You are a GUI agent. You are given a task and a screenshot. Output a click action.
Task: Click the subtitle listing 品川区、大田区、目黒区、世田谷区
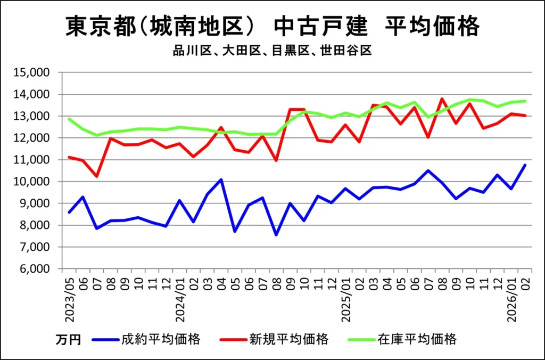(272, 51)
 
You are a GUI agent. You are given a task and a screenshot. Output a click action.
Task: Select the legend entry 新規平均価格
(288, 339)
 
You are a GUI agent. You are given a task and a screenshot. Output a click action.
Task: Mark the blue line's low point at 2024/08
(276, 235)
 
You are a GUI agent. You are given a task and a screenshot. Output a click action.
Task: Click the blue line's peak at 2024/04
(221, 179)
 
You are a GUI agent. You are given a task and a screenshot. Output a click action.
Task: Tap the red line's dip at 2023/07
(97, 176)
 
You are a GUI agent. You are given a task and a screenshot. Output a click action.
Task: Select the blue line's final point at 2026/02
(525, 165)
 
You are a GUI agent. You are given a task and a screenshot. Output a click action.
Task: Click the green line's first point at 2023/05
(69, 119)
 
